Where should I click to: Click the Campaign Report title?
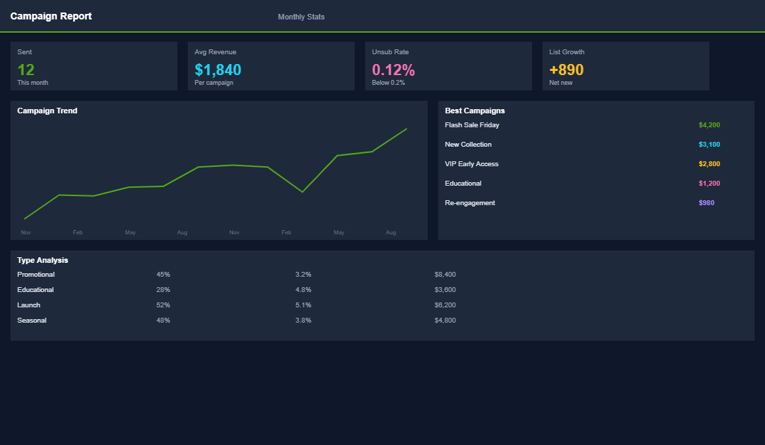(x=51, y=16)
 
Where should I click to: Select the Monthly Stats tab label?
(x=301, y=17)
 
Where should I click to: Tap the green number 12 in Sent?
(x=26, y=70)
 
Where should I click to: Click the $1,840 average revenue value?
(x=218, y=70)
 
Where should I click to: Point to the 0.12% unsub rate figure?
(x=393, y=70)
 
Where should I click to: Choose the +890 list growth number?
(x=566, y=70)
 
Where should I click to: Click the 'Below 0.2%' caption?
(x=388, y=83)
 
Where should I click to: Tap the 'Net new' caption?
(x=561, y=83)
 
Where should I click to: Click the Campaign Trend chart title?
(x=47, y=111)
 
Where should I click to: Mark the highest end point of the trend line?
(x=407, y=129)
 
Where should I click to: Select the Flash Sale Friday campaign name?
(x=472, y=125)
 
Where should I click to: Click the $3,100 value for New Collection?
(x=709, y=145)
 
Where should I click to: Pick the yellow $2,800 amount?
(x=709, y=164)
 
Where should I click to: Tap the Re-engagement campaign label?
(x=469, y=203)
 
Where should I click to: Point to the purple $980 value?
(x=706, y=203)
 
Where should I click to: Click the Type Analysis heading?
(x=42, y=260)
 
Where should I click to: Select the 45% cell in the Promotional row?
(x=163, y=275)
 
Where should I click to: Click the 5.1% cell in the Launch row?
(x=303, y=305)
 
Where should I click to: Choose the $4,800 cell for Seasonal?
(x=444, y=321)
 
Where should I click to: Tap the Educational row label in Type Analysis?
(x=35, y=290)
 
